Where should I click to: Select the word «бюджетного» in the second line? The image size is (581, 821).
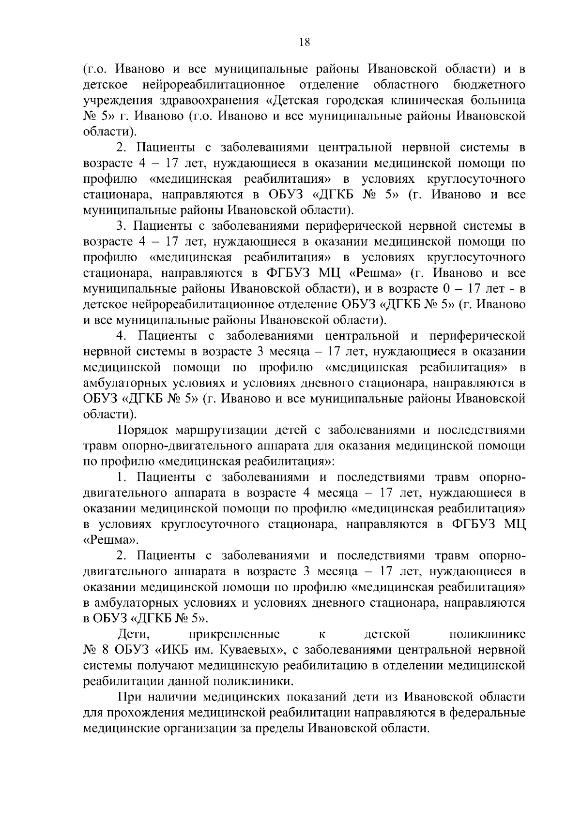(489, 85)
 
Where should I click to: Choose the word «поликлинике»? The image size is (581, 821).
(488, 634)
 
